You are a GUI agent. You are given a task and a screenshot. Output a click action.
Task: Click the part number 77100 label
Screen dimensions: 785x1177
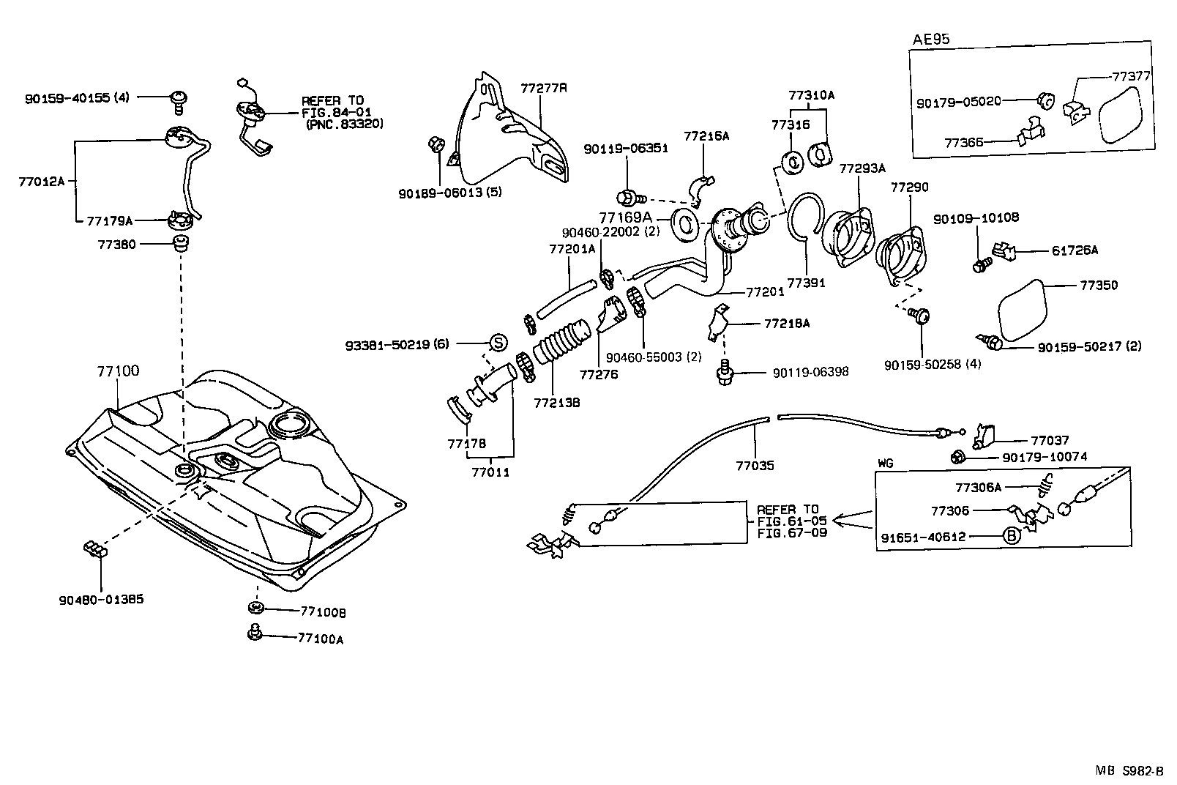coord(117,371)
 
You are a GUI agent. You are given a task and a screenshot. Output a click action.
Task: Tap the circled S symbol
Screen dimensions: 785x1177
coord(497,342)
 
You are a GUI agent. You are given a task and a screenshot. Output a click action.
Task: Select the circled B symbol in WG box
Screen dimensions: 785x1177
coord(1011,536)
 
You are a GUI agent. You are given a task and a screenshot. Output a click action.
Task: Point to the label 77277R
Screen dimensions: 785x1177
coord(544,89)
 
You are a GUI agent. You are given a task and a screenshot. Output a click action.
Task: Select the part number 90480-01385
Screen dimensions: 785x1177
coord(101,599)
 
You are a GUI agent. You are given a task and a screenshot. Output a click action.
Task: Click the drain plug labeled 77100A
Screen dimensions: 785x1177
coord(255,632)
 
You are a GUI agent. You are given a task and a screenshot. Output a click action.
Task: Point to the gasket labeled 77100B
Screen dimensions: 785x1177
coord(255,608)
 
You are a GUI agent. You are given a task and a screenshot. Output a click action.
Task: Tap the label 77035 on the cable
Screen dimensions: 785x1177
coord(755,465)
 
